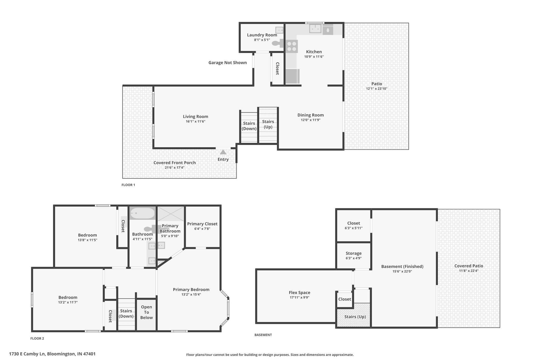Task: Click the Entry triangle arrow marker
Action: [223, 152]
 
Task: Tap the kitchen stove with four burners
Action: [292, 46]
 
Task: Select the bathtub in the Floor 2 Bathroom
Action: [142, 213]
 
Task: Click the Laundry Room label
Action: [262, 35]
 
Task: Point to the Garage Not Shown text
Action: [228, 63]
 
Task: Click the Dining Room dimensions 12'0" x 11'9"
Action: [311, 120]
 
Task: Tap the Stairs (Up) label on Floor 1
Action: [268, 124]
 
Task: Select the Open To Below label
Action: [146, 312]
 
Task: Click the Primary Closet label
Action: [202, 224]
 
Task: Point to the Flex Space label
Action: [299, 292]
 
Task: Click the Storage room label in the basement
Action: [354, 253]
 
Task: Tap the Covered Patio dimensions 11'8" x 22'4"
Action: [469, 271]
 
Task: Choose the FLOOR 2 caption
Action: [37, 339]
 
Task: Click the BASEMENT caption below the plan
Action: [263, 335]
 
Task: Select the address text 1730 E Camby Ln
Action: [27, 354]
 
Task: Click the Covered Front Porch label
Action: [175, 163]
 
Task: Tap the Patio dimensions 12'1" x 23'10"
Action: [377, 89]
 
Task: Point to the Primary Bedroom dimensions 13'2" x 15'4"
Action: [191, 295]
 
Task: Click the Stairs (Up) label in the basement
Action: [355, 317]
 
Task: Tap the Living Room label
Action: [195, 117]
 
